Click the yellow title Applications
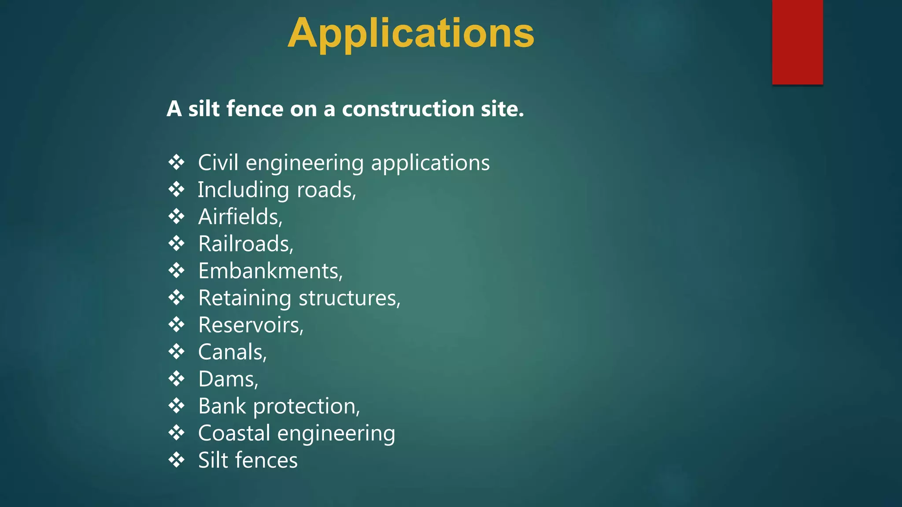point(411,33)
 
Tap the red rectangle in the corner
point(797,42)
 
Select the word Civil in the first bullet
point(218,163)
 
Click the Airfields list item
point(240,217)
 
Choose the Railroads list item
point(245,244)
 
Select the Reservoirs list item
point(251,325)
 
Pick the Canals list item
point(232,352)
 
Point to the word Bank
point(222,406)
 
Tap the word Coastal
point(234,433)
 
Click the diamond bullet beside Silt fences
point(177,460)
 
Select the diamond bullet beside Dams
point(177,379)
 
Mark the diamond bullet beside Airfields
point(177,217)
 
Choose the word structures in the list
point(349,298)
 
